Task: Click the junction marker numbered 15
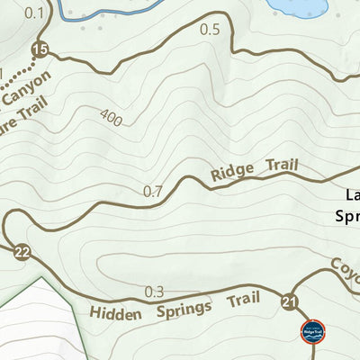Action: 39,48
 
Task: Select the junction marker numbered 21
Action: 289,301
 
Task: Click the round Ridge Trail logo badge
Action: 311,332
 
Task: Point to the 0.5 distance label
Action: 210,30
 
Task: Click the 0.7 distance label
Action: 153,191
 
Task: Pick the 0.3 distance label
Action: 155,292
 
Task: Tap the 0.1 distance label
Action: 34,12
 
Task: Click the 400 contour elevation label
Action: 112,117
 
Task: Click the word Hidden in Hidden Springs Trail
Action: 115,313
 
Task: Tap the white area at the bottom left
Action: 31,324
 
